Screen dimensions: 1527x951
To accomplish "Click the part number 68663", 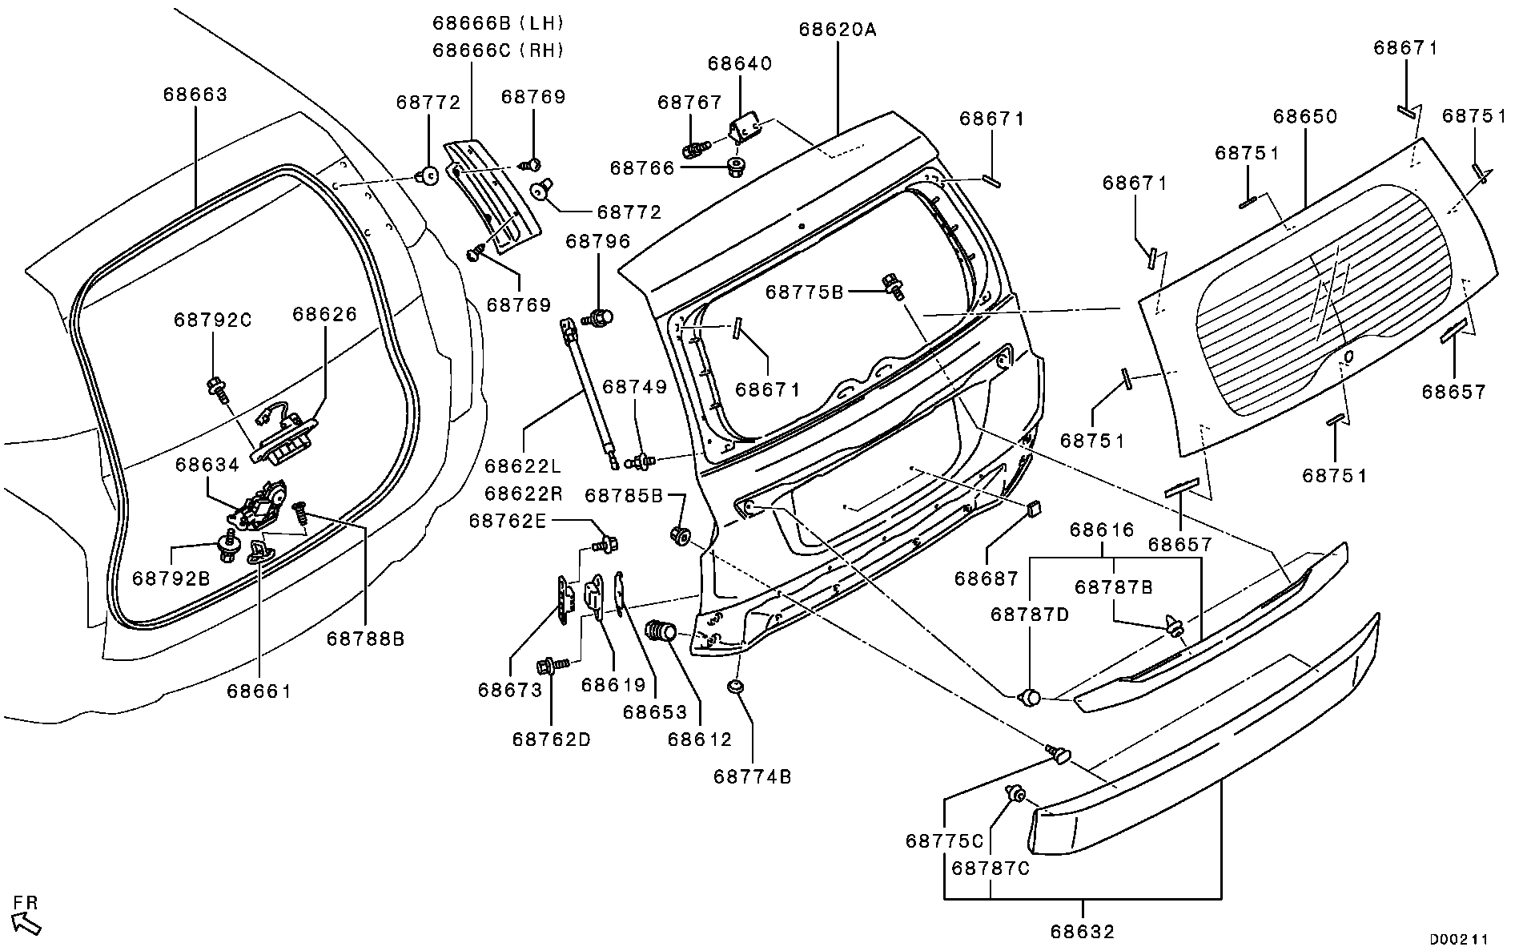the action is pyautogui.click(x=195, y=95).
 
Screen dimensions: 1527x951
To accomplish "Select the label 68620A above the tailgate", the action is pyautogui.click(x=838, y=30).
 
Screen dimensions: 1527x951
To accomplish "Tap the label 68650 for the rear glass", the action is pyautogui.click(x=1305, y=117).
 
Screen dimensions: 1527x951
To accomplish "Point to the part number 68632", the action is pyautogui.click(x=1083, y=932).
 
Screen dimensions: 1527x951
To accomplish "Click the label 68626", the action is pyautogui.click(x=324, y=314).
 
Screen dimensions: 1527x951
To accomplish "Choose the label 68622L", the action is pyautogui.click(x=523, y=465).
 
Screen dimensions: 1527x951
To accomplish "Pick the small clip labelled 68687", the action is pyautogui.click(x=1033, y=507).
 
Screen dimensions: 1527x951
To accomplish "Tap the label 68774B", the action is pyautogui.click(x=752, y=777).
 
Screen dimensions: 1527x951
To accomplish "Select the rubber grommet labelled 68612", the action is pyautogui.click(x=661, y=631).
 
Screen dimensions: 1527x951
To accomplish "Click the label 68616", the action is pyautogui.click(x=1102, y=530).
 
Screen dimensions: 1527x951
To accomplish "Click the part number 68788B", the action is pyautogui.click(x=365, y=639).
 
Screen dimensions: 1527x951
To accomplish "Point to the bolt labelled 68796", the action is pyautogui.click(x=597, y=317).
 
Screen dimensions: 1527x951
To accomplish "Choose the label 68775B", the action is pyautogui.click(x=804, y=292).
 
